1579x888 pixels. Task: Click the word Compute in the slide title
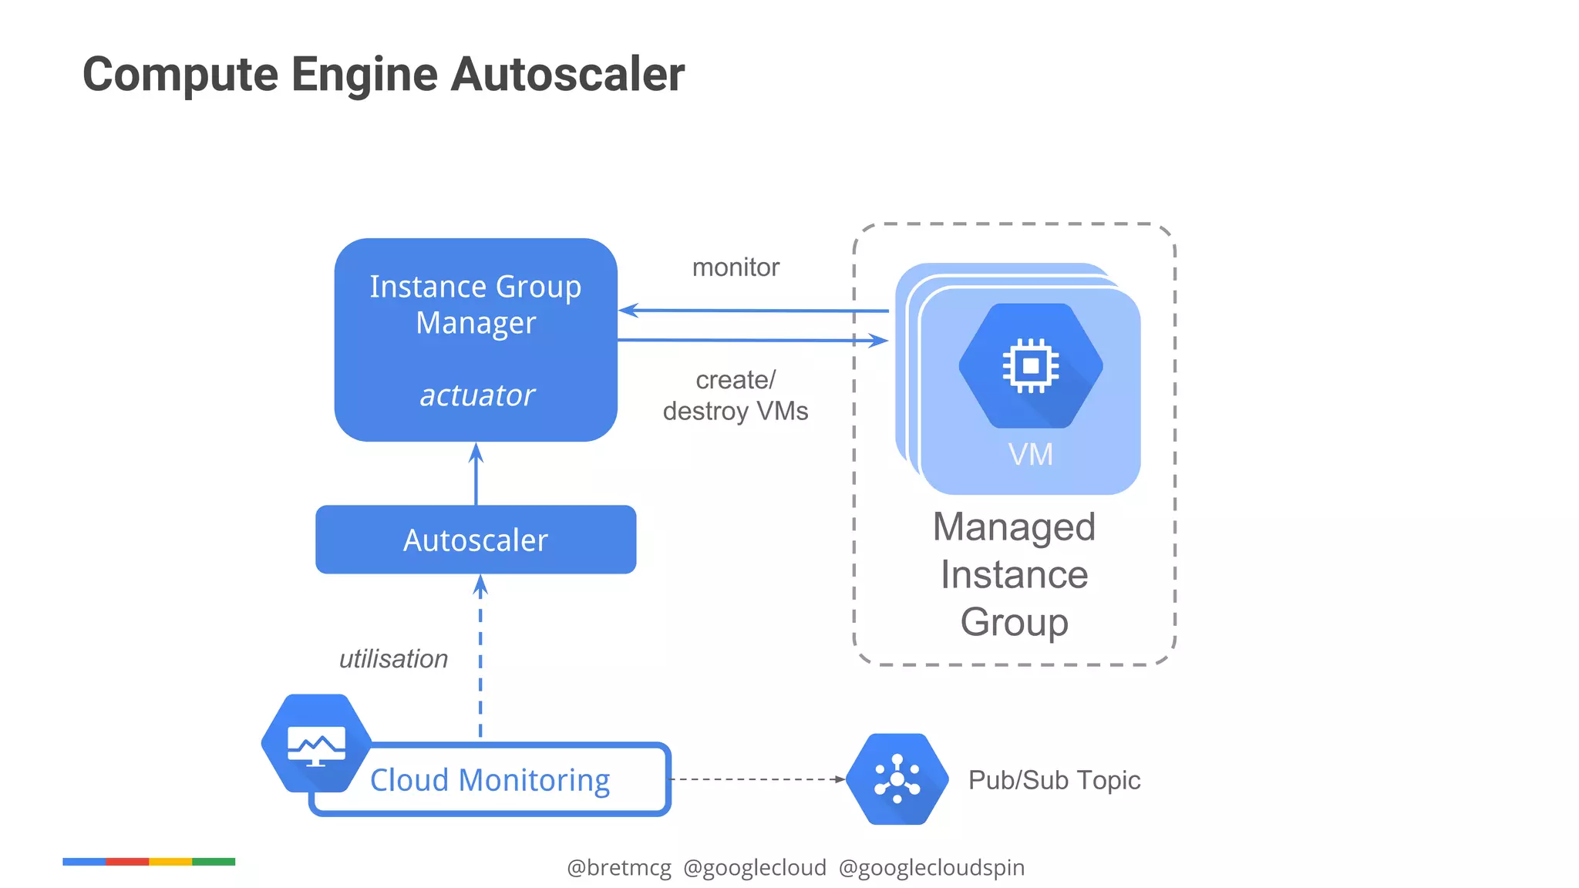(x=180, y=75)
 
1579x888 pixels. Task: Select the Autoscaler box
(x=476, y=540)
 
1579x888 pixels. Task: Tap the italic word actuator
(x=476, y=395)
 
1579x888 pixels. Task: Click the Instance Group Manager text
(x=476, y=304)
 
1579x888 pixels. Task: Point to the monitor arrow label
(x=736, y=267)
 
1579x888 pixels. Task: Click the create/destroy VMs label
(x=736, y=395)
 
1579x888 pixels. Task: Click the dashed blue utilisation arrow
(x=480, y=655)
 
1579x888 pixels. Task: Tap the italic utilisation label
(x=393, y=659)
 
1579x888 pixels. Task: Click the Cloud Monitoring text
(x=490, y=780)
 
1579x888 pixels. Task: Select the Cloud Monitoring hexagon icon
(x=316, y=743)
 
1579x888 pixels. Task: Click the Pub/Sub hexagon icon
(x=897, y=779)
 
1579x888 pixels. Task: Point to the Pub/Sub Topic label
(x=1054, y=780)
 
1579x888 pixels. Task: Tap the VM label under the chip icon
(x=1030, y=455)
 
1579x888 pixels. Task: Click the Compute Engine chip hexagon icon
(x=1030, y=365)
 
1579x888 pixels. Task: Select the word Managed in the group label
(x=1014, y=528)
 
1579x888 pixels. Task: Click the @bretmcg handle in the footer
(x=619, y=868)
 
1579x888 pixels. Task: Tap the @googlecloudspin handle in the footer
(x=931, y=868)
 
